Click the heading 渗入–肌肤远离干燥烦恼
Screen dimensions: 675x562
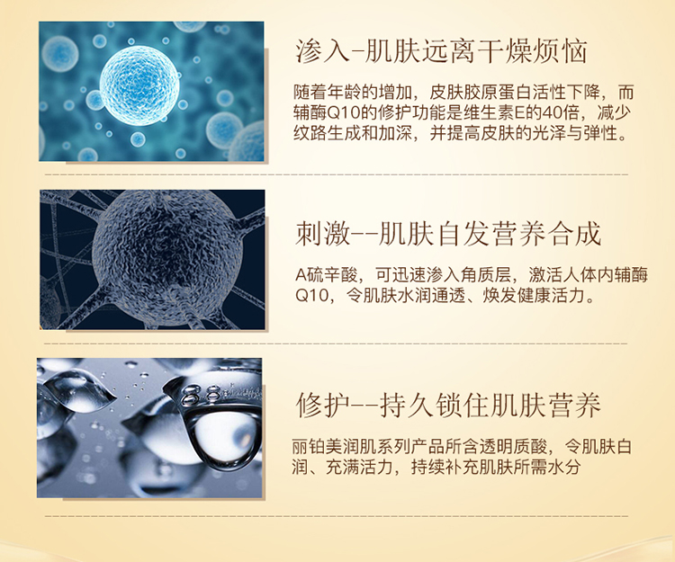tap(441, 51)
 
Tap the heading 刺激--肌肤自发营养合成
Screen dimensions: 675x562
tap(447, 235)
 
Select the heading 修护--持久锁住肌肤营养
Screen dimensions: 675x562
tap(447, 405)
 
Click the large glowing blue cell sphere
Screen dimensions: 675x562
tap(139, 85)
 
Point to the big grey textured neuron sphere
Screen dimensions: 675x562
tap(167, 259)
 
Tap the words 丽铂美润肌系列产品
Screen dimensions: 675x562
tap(368, 446)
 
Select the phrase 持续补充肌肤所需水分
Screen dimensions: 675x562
tap(496, 467)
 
